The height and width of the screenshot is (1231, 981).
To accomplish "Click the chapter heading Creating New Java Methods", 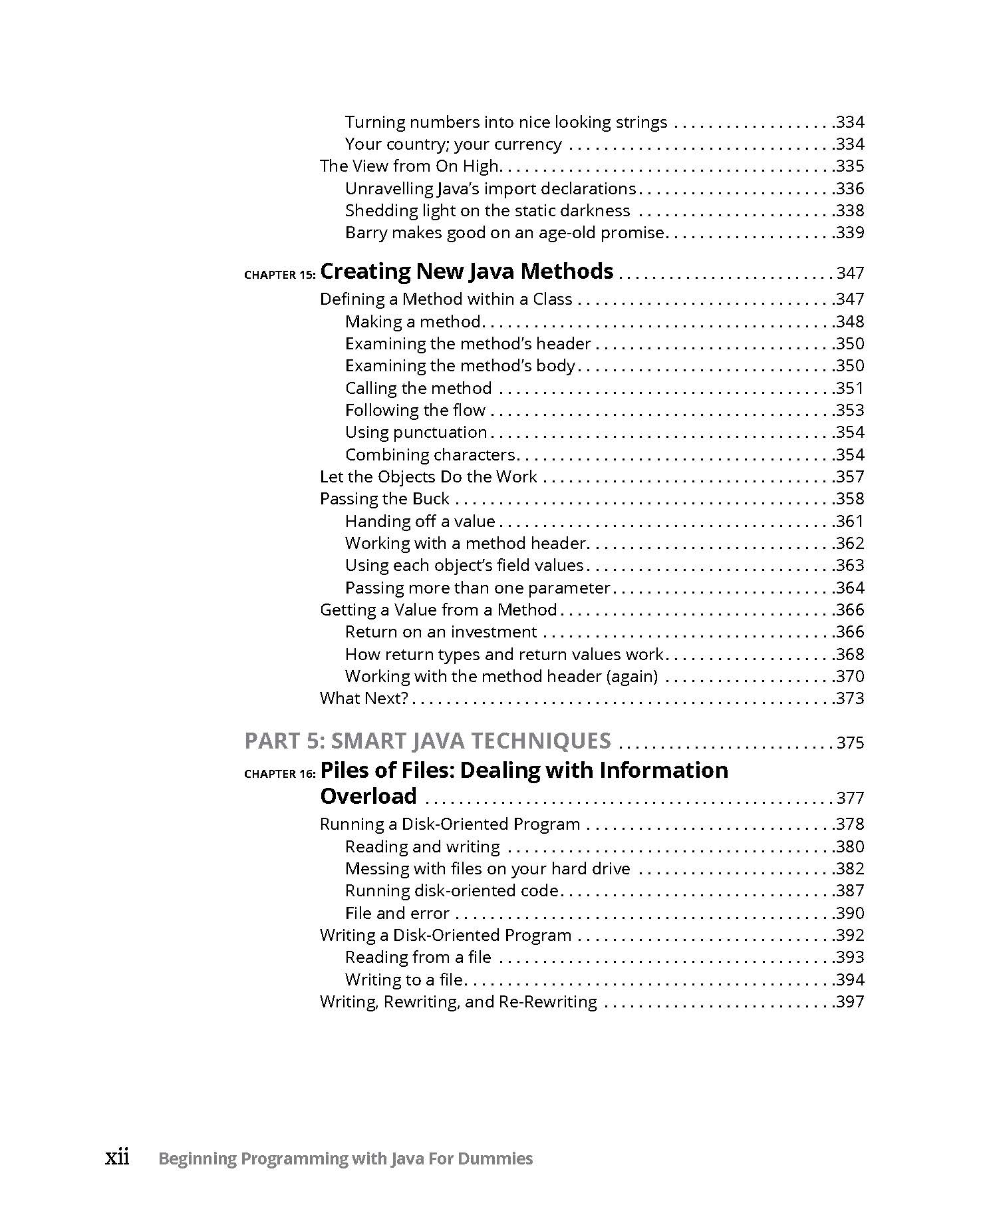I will (x=466, y=271).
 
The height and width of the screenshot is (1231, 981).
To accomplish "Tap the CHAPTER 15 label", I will (x=279, y=275).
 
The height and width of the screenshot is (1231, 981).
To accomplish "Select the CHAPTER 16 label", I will (x=279, y=774).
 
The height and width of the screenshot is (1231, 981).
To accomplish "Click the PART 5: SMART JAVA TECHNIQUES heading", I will (x=428, y=741).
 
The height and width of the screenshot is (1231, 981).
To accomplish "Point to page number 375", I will (x=850, y=743).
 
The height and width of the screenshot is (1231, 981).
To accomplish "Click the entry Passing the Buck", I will (x=384, y=499).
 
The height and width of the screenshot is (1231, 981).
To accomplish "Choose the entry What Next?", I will (x=363, y=698).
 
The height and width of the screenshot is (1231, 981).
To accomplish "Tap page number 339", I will (x=850, y=233).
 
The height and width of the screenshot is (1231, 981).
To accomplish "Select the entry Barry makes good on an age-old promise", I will (x=505, y=233).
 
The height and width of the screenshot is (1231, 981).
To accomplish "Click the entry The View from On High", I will (x=409, y=166).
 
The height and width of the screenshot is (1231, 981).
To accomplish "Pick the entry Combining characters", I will (x=430, y=454).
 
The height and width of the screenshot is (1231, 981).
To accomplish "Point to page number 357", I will (x=850, y=477).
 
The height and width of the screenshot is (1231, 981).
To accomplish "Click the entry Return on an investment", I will (x=440, y=631).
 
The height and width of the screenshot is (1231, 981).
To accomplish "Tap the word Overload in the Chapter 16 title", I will (x=368, y=796).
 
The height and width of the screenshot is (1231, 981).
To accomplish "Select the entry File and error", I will (x=397, y=913).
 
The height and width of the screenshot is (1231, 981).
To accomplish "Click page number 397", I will (x=850, y=1001).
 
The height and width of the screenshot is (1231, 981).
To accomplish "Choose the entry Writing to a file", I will (x=404, y=979).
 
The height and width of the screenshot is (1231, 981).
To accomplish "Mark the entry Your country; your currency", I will (x=453, y=144).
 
